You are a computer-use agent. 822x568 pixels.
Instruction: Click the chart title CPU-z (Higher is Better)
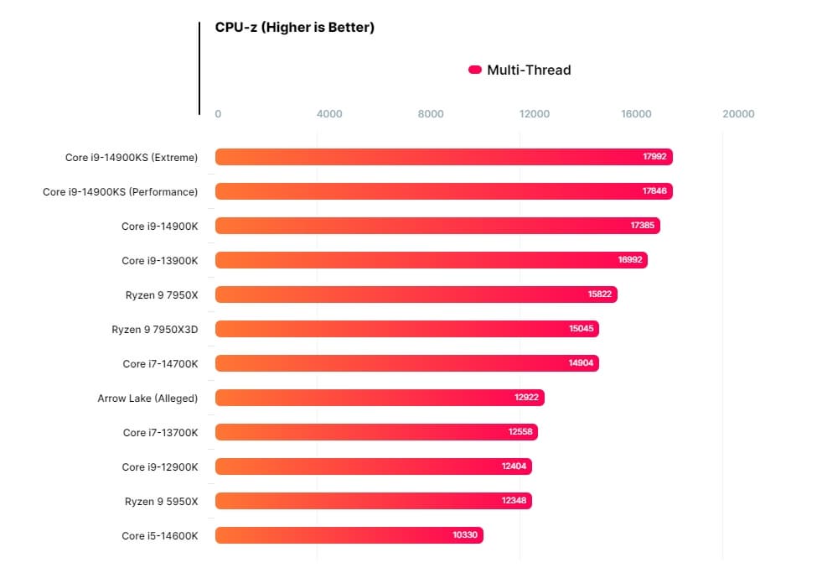[294, 28]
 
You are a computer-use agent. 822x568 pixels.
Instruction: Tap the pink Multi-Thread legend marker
[474, 70]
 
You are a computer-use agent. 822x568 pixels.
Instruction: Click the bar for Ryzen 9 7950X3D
[406, 329]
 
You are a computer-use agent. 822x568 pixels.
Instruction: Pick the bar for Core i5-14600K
[349, 535]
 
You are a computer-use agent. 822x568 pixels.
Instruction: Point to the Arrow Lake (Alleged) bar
[380, 398]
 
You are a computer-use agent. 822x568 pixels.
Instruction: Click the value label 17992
[654, 157]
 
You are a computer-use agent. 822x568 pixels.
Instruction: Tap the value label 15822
[600, 294]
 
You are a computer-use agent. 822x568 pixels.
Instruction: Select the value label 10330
[464, 535]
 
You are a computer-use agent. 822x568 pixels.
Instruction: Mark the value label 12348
[514, 501]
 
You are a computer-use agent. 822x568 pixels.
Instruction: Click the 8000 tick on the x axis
[431, 114]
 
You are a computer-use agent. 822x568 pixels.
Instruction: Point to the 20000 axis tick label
[738, 114]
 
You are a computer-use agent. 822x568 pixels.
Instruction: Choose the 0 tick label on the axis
[218, 114]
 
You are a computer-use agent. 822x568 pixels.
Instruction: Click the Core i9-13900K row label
[159, 260]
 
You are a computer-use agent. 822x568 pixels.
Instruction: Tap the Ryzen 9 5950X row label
[161, 501]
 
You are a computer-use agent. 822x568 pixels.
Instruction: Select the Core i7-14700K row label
[160, 363]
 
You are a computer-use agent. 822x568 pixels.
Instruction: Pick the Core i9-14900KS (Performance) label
[120, 191]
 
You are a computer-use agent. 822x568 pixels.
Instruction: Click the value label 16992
[630, 260]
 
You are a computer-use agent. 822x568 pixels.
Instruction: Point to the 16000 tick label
[636, 114]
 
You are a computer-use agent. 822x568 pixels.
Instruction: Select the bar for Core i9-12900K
[373, 466]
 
